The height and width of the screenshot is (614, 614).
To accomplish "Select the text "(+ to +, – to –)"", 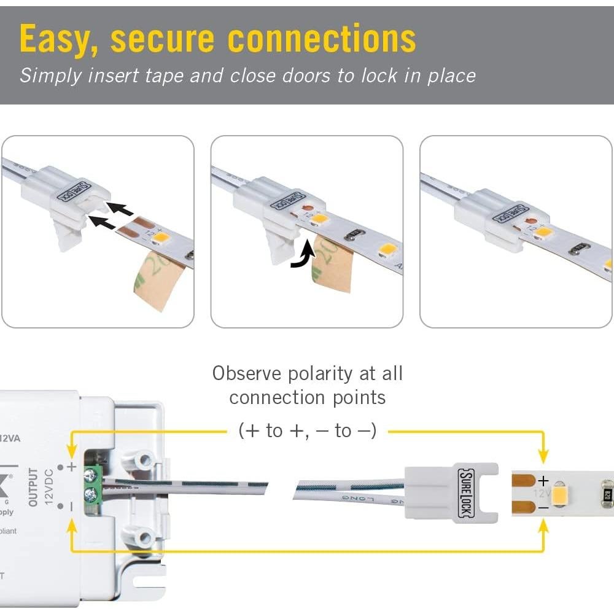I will tap(307, 431).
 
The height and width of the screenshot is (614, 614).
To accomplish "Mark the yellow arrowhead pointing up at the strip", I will tap(543, 527).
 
